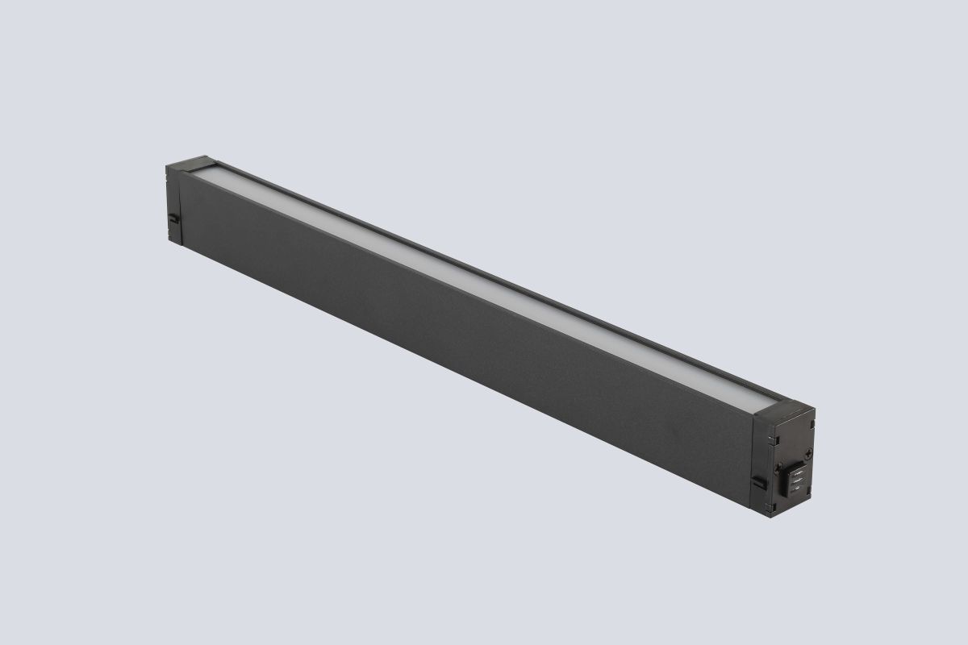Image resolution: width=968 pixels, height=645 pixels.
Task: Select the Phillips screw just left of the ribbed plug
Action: click(780, 465)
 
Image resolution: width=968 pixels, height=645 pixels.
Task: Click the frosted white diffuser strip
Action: click(484, 282)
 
